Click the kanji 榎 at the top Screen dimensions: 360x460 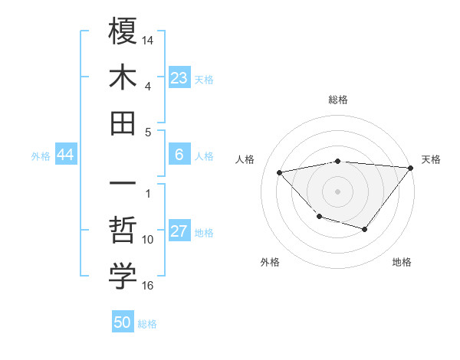click(123, 33)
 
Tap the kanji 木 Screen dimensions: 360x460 click(123, 78)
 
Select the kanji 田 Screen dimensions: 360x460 click(123, 123)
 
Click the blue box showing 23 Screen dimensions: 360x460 click(179, 78)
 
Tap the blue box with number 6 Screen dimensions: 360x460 click(179, 155)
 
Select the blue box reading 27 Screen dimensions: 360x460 click(179, 232)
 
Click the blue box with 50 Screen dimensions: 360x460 click(123, 322)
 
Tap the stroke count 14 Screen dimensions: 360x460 click(148, 38)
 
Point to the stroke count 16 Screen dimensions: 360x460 click(148, 285)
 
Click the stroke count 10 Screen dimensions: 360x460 click(148, 240)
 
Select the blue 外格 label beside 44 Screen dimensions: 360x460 click(41, 156)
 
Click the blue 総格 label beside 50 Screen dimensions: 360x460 click(147, 324)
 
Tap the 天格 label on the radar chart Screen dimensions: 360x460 click(431, 159)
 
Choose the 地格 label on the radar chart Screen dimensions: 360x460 click(402, 262)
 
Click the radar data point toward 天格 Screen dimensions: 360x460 click(410, 167)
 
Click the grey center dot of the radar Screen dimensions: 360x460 click(337, 191)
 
